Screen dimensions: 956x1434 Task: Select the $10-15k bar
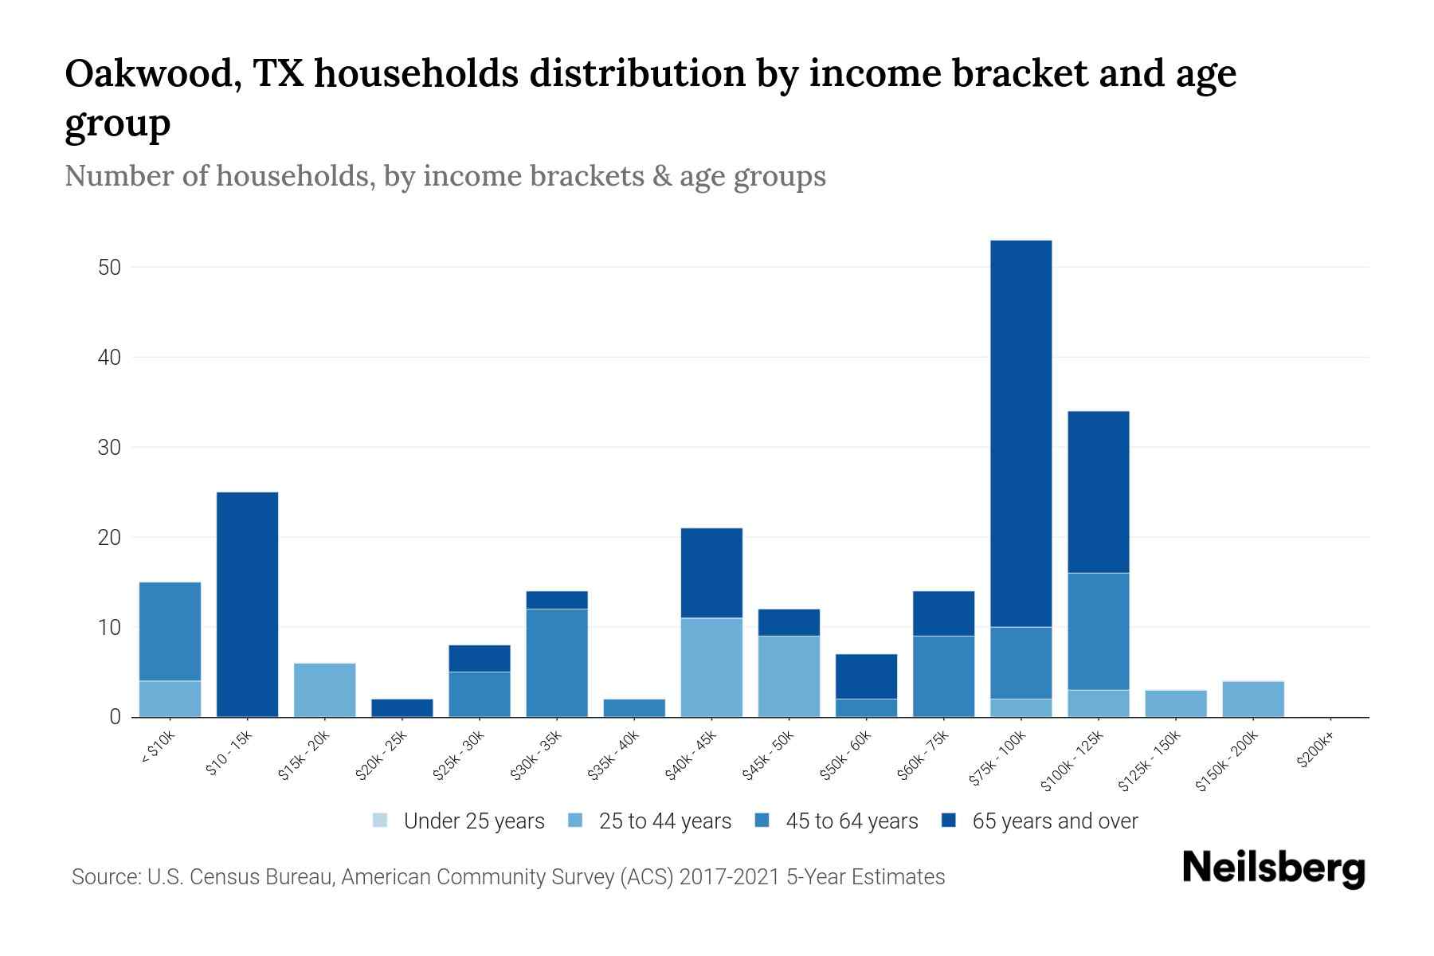(x=247, y=605)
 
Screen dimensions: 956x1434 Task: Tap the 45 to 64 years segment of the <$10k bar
(x=170, y=631)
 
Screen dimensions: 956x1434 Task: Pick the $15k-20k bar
(x=324, y=690)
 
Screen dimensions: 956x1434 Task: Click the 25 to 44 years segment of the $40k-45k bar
(x=711, y=668)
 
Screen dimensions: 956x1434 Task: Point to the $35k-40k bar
(x=634, y=708)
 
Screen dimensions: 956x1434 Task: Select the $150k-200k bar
(x=1252, y=699)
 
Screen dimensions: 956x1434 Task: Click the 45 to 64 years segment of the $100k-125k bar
(x=1098, y=631)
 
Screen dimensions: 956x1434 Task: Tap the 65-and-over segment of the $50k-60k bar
(x=866, y=676)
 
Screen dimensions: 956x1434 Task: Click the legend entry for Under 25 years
(x=459, y=821)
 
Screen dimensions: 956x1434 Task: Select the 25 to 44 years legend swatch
(x=575, y=821)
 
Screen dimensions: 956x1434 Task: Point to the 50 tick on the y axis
(x=109, y=268)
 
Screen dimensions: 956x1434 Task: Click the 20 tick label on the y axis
(x=109, y=538)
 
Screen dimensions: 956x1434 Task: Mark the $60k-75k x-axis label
(x=925, y=756)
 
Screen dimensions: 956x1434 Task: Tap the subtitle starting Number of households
(x=445, y=176)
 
